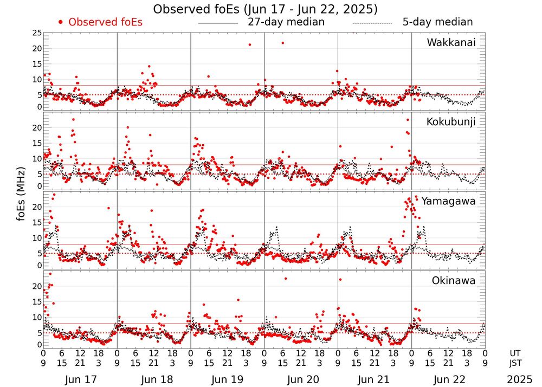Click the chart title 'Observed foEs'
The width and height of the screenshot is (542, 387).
265,9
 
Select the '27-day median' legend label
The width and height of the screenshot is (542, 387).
286,22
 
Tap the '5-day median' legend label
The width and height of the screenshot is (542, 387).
437,22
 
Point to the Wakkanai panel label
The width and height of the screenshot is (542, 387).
451,42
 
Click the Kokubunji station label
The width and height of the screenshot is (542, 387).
451,121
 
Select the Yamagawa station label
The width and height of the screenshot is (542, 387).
449,201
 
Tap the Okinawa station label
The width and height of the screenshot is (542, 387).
454,281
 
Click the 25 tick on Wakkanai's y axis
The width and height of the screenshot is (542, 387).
36,33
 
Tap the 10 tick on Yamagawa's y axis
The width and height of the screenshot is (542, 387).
36,238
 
